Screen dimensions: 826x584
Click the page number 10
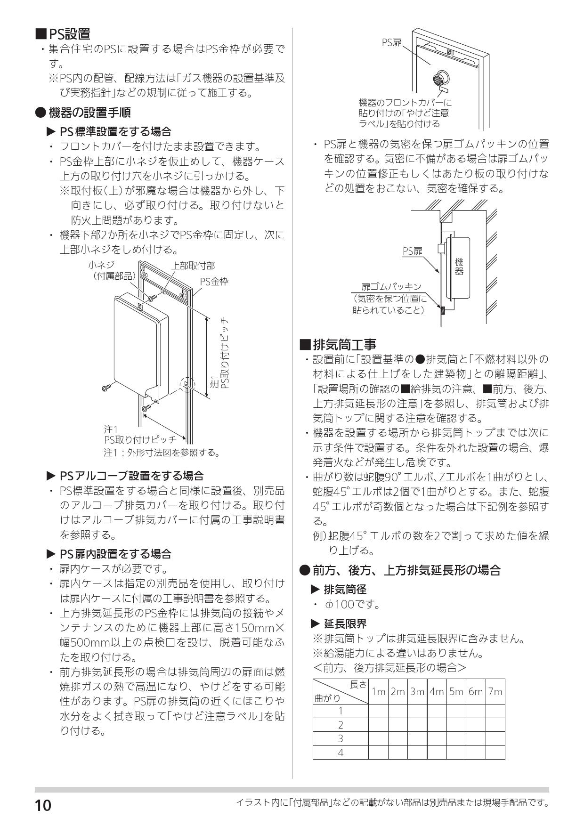[x=42, y=805]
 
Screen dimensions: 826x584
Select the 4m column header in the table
[x=437, y=692]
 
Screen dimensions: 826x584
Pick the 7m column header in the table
[x=495, y=692]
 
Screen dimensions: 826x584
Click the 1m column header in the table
[x=378, y=692]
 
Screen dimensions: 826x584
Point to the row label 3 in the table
[x=341, y=738]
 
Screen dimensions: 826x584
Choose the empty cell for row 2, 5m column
[x=456, y=725]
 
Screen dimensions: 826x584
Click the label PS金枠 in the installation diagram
[x=214, y=282]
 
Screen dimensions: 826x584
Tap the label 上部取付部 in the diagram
[x=193, y=266]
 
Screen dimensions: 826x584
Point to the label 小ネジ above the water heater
[x=101, y=266]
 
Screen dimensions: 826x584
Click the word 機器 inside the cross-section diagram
[x=459, y=266]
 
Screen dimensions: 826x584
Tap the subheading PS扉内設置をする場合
[x=115, y=554]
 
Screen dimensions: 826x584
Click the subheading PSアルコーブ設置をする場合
[x=131, y=476]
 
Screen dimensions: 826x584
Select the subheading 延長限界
[x=345, y=624]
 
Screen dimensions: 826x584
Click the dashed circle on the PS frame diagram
[x=187, y=385]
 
